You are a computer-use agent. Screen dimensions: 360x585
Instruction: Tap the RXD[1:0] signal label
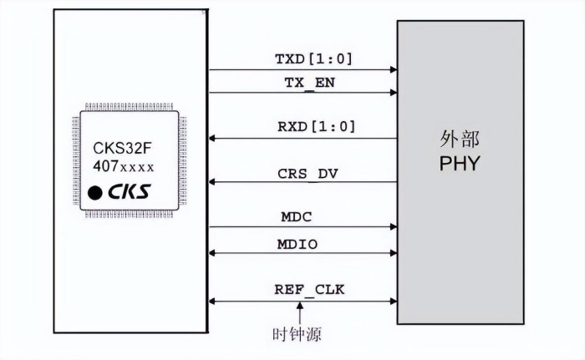pos(316,127)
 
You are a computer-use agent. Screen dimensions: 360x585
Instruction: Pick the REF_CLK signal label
pos(309,290)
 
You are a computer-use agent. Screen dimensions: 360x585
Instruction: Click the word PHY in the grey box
pos(460,163)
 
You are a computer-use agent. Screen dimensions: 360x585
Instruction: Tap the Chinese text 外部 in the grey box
pos(460,139)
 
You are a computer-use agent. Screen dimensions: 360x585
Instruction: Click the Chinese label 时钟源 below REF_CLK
pos(298,335)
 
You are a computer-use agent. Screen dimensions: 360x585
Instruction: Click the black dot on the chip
pos(97,193)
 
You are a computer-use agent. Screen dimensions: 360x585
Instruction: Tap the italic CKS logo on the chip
pos(129,192)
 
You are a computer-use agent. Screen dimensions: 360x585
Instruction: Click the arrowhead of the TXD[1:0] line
pos(392,70)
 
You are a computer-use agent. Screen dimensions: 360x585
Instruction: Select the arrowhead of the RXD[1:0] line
pos(214,138)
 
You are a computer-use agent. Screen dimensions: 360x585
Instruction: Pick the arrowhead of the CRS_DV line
pos(214,182)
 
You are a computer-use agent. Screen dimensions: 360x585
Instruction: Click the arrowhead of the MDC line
pos(392,226)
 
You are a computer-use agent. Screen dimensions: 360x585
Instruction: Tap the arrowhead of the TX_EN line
pos(392,93)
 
